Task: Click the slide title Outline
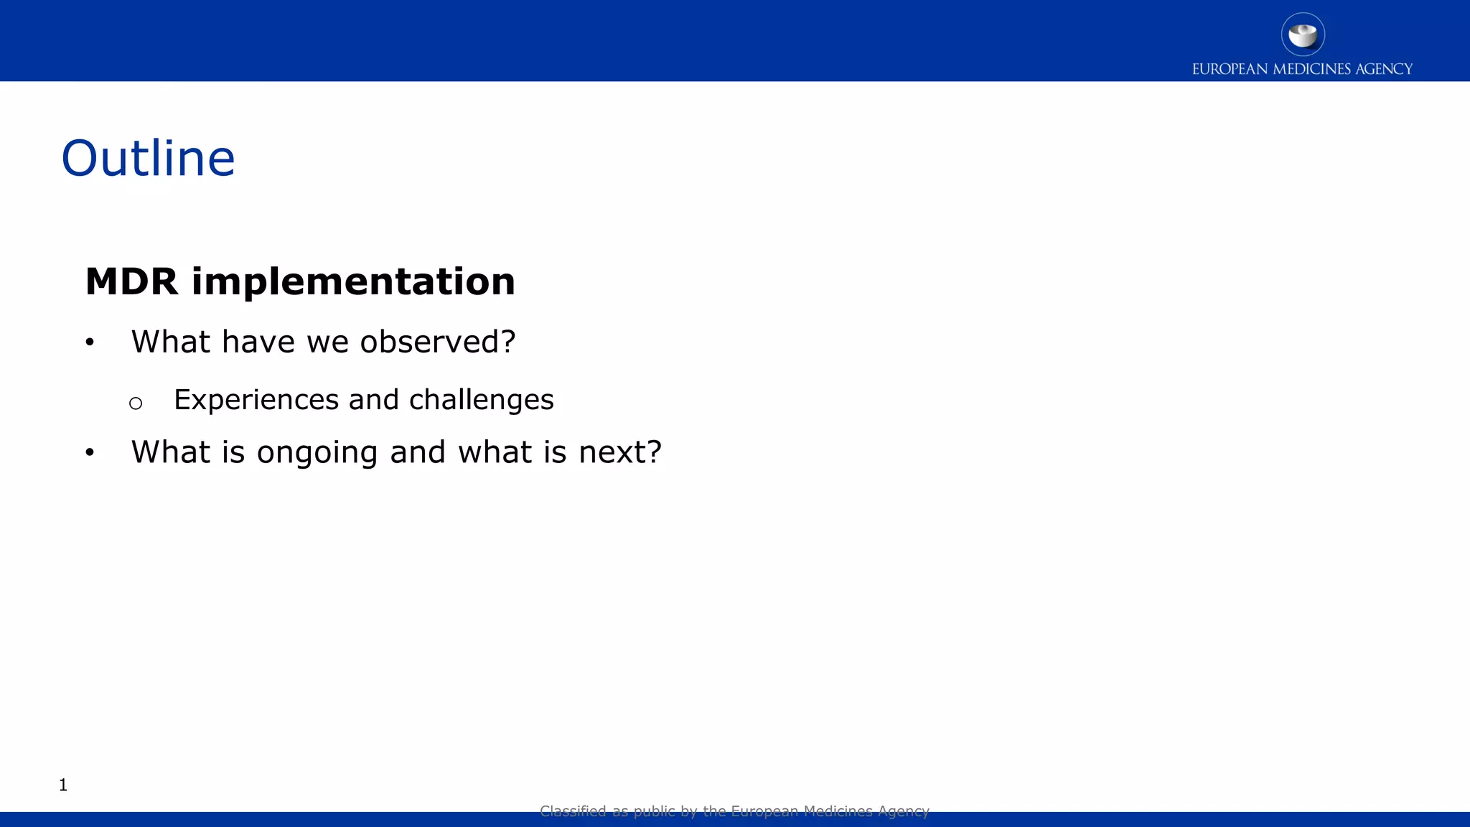coord(148,158)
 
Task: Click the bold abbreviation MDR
coord(131,281)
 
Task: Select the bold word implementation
coord(353,281)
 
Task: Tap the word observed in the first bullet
coord(429,342)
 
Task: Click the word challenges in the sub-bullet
coord(481,400)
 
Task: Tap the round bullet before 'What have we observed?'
coord(90,342)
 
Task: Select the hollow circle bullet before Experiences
coord(136,403)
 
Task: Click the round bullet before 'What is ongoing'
coord(90,452)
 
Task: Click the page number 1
coord(63,785)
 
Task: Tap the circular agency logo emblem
coord(1303,34)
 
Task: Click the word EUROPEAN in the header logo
coord(1230,70)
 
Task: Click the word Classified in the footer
coord(573,811)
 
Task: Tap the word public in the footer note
coord(654,811)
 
